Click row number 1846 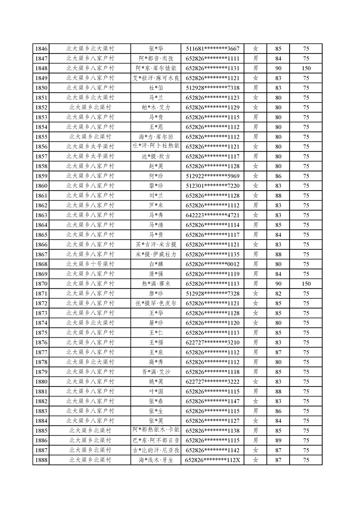point(41,49)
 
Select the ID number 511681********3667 point(212,49)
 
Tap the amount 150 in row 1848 point(306,69)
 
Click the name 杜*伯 point(156,88)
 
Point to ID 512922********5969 point(212,176)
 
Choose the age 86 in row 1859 point(278,176)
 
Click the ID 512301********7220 point(212,186)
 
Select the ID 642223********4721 point(212,215)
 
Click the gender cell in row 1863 point(256,215)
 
